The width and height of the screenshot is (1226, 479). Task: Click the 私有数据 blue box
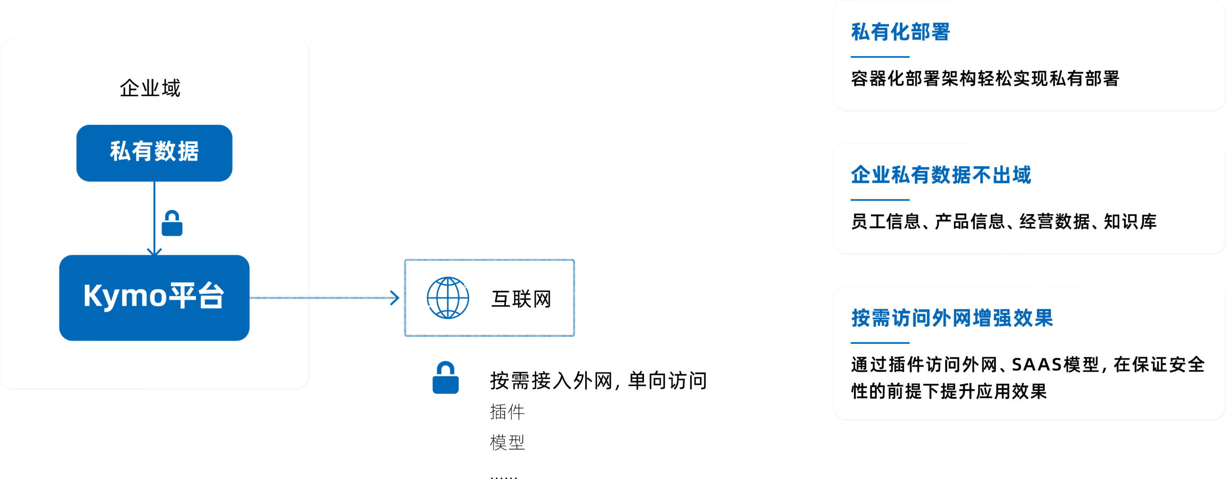154,152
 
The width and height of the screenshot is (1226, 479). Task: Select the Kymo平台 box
154,297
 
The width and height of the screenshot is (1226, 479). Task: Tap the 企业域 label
150,88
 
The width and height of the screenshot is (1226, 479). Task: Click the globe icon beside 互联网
447,298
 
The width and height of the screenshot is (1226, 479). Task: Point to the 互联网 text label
521,299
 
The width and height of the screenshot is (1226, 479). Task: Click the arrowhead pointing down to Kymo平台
154,251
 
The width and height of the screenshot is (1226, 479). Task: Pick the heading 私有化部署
900,32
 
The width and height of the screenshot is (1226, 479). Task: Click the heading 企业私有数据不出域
941,175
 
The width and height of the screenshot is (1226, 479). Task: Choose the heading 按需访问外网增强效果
952,318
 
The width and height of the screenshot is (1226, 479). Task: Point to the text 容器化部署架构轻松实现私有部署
985,78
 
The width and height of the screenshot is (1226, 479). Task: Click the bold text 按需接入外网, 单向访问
598,381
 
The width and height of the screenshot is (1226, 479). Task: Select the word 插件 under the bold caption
507,412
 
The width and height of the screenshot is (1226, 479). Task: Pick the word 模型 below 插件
507,443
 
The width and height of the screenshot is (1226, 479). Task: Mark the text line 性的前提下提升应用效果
949,392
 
